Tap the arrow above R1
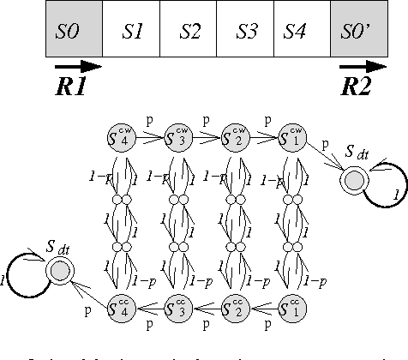pos(77,64)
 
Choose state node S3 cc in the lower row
pos(177,306)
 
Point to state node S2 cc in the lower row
pos(234,306)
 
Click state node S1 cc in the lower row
pos(291,306)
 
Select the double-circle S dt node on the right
pos(351,181)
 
